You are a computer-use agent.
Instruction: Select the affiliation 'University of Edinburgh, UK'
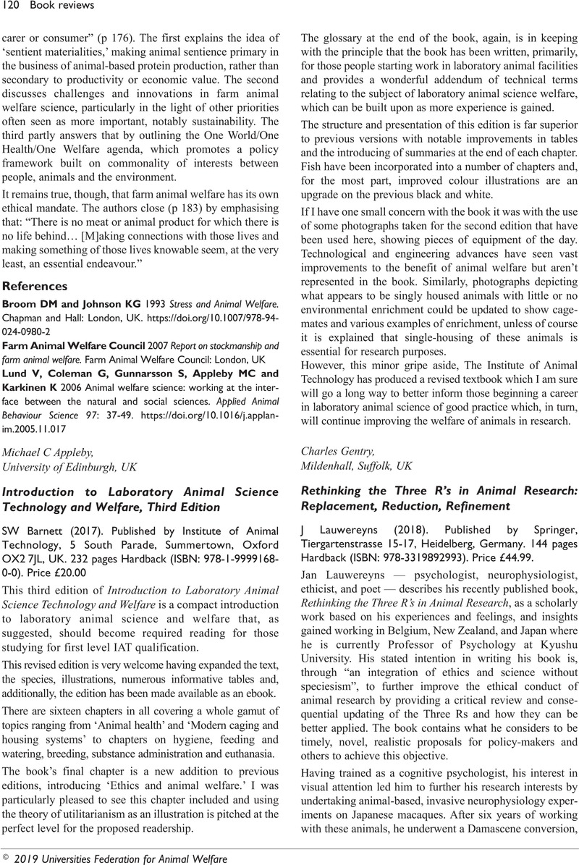pyautogui.click(x=70, y=467)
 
